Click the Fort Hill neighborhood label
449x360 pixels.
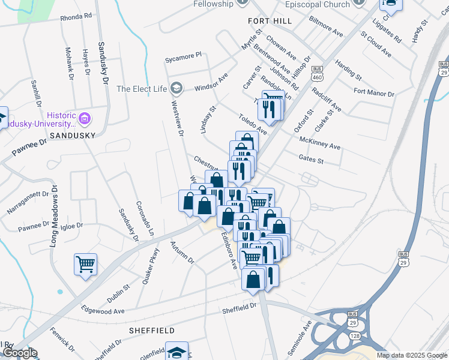(270, 21)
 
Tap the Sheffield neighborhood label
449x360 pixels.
(152, 331)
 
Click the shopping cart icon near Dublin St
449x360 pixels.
(85, 263)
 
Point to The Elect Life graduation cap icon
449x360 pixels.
(176, 89)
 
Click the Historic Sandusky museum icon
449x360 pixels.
(85, 118)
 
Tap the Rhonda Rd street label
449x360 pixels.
(76, 17)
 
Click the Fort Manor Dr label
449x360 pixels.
(373, 93)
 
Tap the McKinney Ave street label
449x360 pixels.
(319, 143)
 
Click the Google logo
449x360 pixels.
(19, 353)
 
